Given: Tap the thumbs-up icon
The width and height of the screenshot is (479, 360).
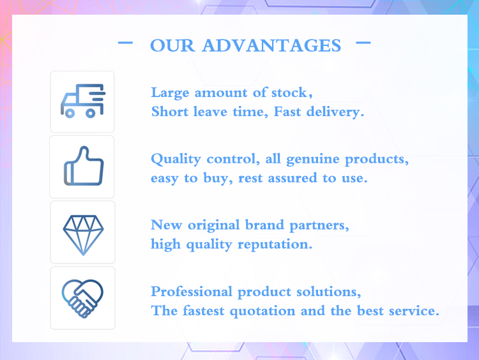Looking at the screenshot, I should point(82,166).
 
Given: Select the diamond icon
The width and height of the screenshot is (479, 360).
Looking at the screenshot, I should point(82,232).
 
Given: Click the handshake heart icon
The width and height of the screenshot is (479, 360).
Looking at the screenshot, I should point(82,298).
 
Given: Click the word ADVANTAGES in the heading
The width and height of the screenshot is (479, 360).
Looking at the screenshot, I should point(271,46).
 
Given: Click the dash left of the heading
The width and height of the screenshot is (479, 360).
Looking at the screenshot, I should point(126,43).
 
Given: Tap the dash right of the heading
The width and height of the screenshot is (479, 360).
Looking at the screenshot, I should point(363,43).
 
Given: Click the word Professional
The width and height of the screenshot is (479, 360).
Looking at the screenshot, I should point(192,292).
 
